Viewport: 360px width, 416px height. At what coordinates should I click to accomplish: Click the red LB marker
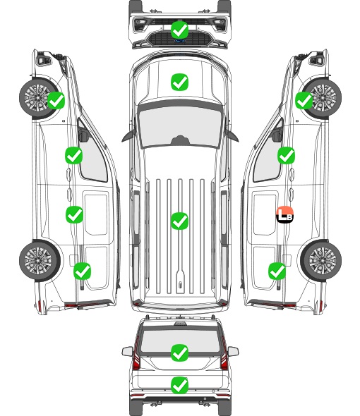tap(284, 214)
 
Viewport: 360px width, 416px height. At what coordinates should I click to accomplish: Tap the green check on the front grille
tap(179, 30)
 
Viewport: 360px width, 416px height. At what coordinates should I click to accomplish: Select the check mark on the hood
tap(179, 82)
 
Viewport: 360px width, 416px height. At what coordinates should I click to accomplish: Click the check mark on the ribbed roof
tap(179, 221)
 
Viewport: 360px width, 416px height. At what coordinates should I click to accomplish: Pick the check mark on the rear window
tap(179, 353)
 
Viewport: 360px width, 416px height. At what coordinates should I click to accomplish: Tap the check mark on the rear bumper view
tap(179, 385)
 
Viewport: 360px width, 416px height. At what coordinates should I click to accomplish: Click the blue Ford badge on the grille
tap(180, 41)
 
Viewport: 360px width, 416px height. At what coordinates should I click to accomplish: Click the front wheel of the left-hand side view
tap(38, 97)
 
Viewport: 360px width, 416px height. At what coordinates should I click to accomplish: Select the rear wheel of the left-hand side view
tap(40, 260)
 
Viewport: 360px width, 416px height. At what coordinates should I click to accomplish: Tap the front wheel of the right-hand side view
tap(322, 98)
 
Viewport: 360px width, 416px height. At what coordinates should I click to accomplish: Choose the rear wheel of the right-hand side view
tap(321, 260)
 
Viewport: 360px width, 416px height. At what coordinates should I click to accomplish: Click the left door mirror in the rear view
tap(127, 351)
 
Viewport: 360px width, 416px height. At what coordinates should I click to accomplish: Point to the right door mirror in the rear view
tap(233, 351)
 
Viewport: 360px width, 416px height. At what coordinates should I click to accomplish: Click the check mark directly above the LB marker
tap(286, 155)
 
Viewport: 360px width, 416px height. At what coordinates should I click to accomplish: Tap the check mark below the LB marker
tap(277, 271)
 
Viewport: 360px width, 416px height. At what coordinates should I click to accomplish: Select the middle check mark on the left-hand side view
tap(74, 214)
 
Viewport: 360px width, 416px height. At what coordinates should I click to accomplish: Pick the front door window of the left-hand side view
tap(92, 154)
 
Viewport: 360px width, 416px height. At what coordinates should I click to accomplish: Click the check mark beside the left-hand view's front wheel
tap(56, 101)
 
